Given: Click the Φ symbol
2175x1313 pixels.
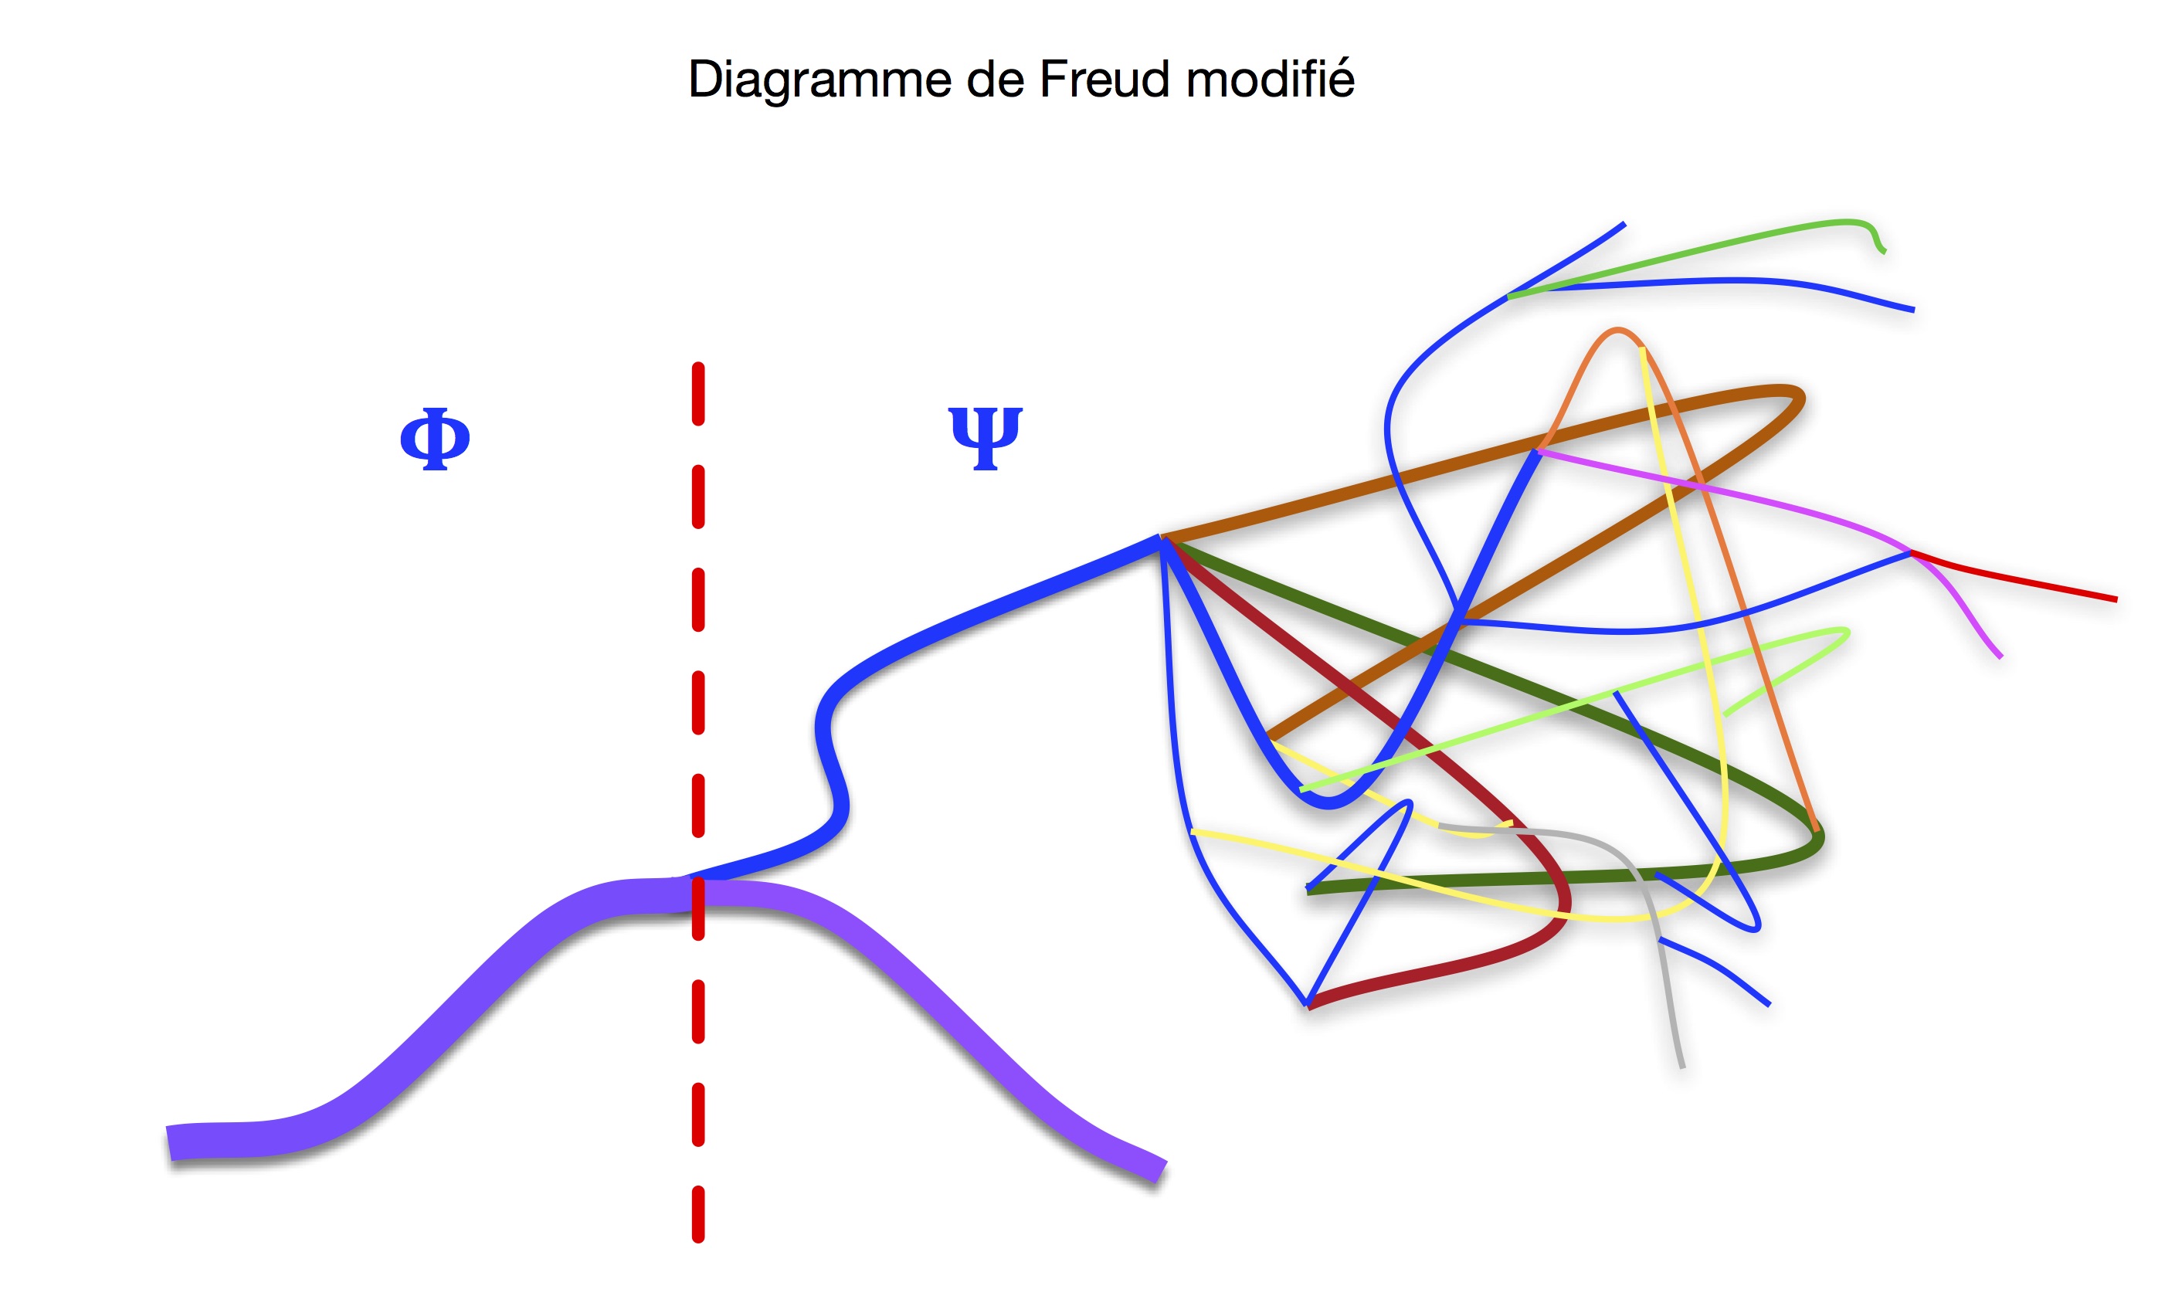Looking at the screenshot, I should point(434,439).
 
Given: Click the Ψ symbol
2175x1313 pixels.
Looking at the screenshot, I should point(985,438).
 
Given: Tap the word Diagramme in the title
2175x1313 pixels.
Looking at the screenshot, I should point(820,80).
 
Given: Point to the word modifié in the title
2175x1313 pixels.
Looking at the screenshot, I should point(1269,80).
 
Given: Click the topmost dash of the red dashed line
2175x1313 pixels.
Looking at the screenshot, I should point(698,394).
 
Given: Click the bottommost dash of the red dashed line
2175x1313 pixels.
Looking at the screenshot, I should point(698,1214).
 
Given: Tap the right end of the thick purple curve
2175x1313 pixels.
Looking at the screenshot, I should point(1161,1171).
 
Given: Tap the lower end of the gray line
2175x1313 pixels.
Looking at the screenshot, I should point(1681,1066).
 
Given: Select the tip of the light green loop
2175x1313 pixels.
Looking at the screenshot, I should point(1845,632).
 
